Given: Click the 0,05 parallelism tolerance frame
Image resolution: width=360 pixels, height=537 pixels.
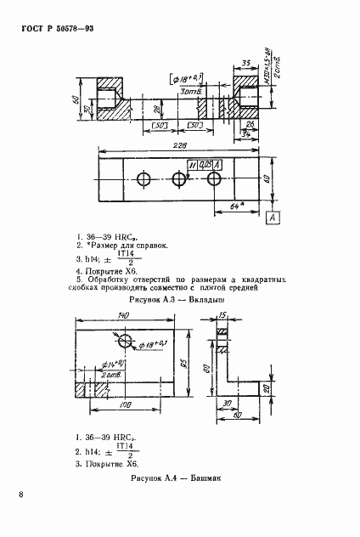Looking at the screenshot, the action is tap(202, 163).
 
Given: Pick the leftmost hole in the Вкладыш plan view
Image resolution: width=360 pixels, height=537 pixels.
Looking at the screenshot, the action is tap(142, 179).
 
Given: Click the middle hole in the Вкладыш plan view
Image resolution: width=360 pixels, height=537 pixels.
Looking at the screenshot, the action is tap(179, 179).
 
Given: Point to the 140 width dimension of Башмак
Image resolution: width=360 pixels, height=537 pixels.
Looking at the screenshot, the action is tap(123, 316).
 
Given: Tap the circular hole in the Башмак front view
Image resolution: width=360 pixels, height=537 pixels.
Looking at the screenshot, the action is tap(127, 342).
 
